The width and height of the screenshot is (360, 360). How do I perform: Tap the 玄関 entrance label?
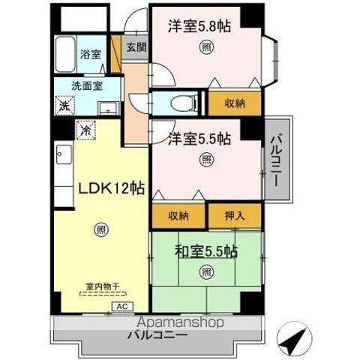point(136,46)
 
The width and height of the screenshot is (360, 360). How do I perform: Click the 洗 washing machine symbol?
point(64,106)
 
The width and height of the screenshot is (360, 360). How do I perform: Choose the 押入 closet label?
point(234,216)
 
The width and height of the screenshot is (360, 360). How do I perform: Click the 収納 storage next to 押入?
point(178,216)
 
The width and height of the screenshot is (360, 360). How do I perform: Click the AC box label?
point(121,307)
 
